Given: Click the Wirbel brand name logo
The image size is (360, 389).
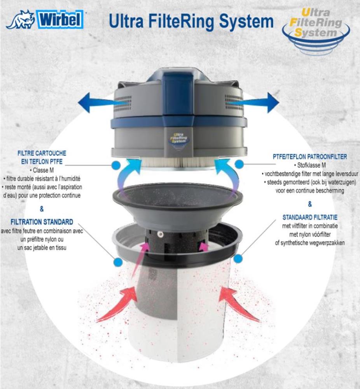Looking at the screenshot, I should pyautogui.click(x=61, y=19).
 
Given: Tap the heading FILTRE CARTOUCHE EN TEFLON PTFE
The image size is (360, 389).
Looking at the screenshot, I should pyautogui.click(x=42, y=156).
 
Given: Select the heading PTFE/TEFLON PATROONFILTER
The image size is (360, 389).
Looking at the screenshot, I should pyautogui.click(x=310, y=157).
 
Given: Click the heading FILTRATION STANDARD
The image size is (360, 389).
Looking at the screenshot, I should pyautogui.click(x=42, y=222).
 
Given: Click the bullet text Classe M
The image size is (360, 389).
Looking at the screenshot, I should pyautogui.click(x=42, y=170).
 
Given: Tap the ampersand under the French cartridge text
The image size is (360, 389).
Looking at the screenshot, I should pyautogui.click(x=42, y=209).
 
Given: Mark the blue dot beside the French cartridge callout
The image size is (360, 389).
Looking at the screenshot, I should pyautogui.click(x=115, y=165).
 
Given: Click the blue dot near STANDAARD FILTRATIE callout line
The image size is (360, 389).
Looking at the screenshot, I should pyautogui.click(x=239, y=258).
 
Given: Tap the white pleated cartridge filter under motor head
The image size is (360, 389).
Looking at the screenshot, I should pyautogui.click(x=179, y=162).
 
